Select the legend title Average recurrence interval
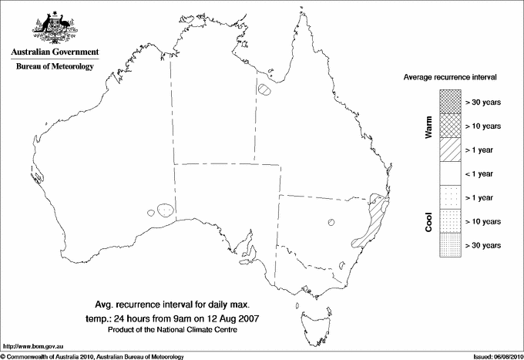pos(451,78)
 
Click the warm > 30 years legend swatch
pos(450,101)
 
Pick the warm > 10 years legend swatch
pos(450,125)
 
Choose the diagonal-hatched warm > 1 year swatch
pos(450,149)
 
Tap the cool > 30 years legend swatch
pos(450,245)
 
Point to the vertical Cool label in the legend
pos(428,222)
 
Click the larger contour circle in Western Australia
pos(164,209)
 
